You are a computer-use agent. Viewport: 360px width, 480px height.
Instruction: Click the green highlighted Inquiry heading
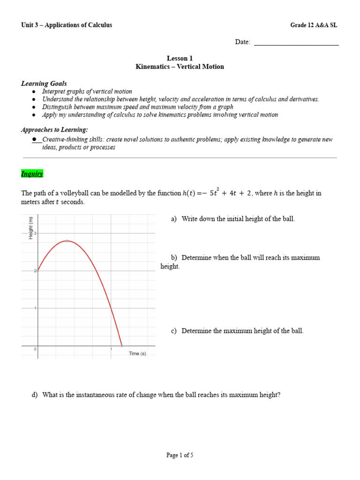pyautogui.click(x=32, y=174)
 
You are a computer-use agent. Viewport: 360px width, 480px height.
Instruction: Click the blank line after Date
pyautogui.click(x=296, y=42)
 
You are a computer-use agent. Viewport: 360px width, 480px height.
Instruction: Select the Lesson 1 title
pyautogui.click(x=180, y=59)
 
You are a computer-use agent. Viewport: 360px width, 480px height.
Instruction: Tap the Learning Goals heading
pyautogui.click(x=44, y=83)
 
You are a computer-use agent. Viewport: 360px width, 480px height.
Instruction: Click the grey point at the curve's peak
pyautogui.click(x=67, y=241)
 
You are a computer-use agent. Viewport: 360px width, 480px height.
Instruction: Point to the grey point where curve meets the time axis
pyautogui.click(x=122, y=345)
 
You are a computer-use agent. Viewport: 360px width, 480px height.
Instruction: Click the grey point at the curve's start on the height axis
pyautogui.click(x=38, y=270)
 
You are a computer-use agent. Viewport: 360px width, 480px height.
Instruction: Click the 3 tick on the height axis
pyautogui.click(x=35, y=233)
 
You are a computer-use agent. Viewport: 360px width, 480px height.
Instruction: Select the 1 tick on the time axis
pyautogui.click(x=111, y=349)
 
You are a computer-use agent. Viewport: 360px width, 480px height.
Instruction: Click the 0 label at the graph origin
pyautogui.click(x=35, y=349)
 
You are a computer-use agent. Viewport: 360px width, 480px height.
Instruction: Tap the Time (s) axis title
pyautogui.click(x=137, y=353)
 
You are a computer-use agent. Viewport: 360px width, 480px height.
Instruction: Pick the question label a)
pyautogui.click(x=174, y=219)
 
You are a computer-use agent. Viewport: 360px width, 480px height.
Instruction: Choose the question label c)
pyautogui.click(x=174, y=331)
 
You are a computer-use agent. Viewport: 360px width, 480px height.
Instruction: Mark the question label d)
pyautogui.click(x=34, y=395)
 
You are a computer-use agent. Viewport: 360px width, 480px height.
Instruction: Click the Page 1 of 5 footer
pyautogui.click(x=180, y=455)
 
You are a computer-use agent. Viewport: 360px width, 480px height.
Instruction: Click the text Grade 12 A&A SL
pyautogui.click(x=314, y=25)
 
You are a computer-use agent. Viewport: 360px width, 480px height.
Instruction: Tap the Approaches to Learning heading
pyautogui.click(x=54, y=129)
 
